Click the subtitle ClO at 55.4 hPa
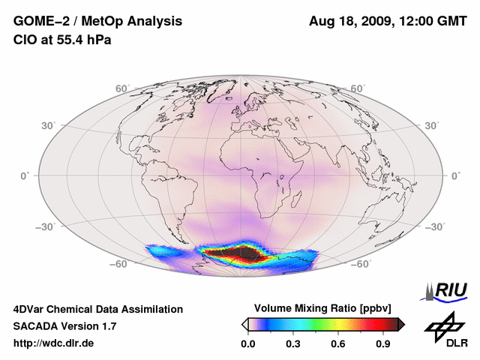(x=62, y=39)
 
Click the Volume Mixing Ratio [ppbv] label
(x=323, y=308)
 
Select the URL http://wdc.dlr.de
(x=54, y=343)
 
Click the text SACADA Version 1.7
(x=64, y=326)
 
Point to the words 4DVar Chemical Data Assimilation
(x=97, y=309)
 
